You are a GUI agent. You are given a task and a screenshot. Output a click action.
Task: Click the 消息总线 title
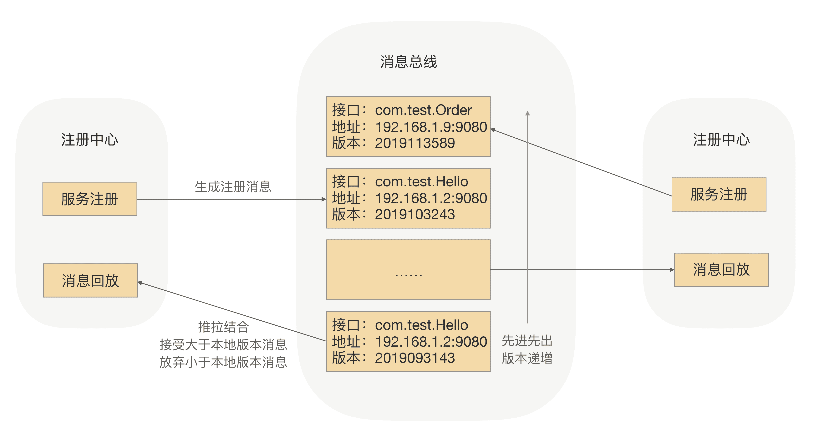(409, 62)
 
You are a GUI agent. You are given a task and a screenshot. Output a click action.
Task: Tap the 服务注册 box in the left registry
(90, 199)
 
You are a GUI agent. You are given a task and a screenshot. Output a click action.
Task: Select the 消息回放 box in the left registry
(91, 280)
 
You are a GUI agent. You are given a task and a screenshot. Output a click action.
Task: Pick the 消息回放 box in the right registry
(721, 270)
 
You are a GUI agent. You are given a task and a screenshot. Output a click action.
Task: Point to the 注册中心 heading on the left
(90, 140)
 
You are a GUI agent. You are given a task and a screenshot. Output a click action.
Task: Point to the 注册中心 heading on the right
(721, 140)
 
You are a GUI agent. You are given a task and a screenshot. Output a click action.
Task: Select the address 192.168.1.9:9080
(431, 127)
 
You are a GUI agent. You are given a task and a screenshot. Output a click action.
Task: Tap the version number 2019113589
(415, 143)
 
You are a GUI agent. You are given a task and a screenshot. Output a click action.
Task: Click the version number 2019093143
(415, 358)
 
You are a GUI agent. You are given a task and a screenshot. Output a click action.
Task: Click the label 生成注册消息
(233, 187)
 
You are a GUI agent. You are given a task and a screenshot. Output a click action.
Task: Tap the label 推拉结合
(223, 327)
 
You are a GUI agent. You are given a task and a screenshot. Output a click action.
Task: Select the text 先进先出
(527, 341)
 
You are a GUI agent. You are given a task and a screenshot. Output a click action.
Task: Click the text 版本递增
(527, 358)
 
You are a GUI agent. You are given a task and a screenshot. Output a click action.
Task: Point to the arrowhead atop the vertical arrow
(527, 113)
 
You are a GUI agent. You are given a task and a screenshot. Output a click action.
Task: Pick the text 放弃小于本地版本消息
(223, 362)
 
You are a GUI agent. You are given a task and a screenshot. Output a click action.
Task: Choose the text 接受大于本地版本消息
(223, 344)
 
